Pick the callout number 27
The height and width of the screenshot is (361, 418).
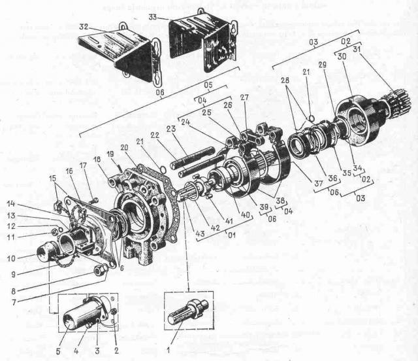pyautogui.click(x=245, y=98)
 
